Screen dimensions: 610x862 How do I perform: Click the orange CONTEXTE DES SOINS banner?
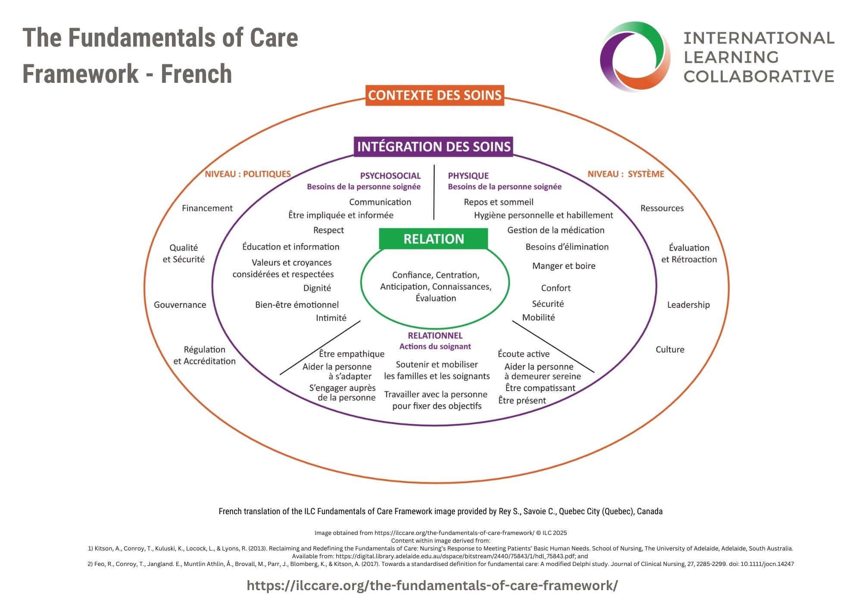tap(434, 95)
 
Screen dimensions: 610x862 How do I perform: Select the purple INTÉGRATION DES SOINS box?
tap(434, 147)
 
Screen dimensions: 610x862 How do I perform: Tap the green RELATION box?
tap(434, 239)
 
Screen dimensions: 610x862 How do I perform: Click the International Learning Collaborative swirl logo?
tap(635, 57)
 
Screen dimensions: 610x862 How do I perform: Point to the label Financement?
tap(207, 208)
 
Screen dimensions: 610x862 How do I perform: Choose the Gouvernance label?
tap(180, 305)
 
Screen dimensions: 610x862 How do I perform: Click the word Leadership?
tap(688, 305)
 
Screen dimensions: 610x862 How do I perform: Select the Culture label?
tap(670, 349)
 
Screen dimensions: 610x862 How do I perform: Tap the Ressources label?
tap(662, 208)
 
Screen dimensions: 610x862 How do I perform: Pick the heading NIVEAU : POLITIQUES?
tap(248, 174)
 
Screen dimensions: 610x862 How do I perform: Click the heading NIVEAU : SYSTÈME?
tap(626, 174)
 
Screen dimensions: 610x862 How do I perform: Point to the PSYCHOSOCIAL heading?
tap(390, 176)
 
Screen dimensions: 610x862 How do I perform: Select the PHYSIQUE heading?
tap(468, 176)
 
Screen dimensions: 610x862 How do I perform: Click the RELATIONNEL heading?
tap(435, 336)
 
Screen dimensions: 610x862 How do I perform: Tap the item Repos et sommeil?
tap(498, 202)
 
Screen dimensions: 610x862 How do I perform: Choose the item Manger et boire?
tap(564, 266)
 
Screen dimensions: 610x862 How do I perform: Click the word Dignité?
tap(317, 288)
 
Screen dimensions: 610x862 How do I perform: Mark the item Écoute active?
tap(524, 354)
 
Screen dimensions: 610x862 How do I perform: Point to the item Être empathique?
tap(351, 354)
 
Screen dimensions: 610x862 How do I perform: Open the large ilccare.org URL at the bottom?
tap(432, 585)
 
